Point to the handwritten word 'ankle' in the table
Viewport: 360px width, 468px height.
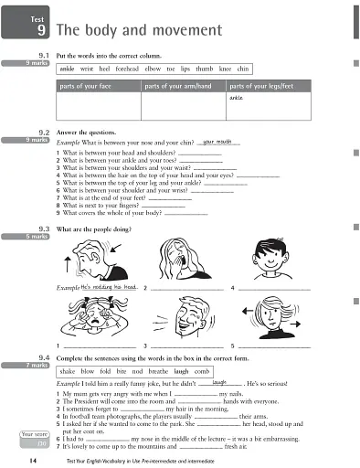pos(237,98)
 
